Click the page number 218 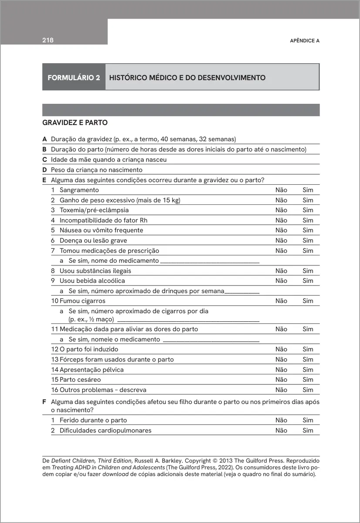pos(48,41)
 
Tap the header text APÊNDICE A pos(305,41)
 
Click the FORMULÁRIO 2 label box pos(74,78)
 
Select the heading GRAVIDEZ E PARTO pos(75,123)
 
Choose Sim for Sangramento pos(308,190)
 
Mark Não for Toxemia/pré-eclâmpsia pos(281,210)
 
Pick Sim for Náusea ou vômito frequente pos(308,230)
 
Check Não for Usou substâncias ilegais pos(281,271)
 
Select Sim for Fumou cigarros pos(308,301)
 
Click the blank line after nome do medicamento pos(210,261)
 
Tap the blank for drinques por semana pos(242,292)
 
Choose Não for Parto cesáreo pos(281,380)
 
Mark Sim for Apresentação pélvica pos(308,370)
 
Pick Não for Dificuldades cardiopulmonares pos(281,430)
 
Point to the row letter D pos(44,170)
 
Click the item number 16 pos(54,390)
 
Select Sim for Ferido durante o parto pos(308,420)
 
